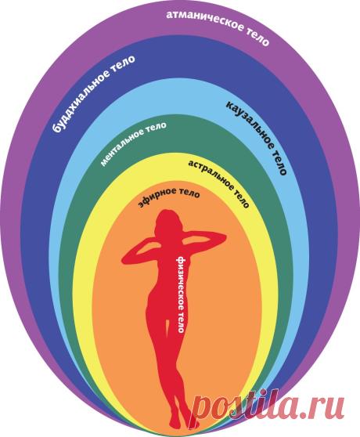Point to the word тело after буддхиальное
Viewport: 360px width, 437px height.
(x=122, y=64)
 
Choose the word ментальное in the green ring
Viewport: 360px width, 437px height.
(x=122, y=147)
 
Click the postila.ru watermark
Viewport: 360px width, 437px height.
(x=268, y=405)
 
